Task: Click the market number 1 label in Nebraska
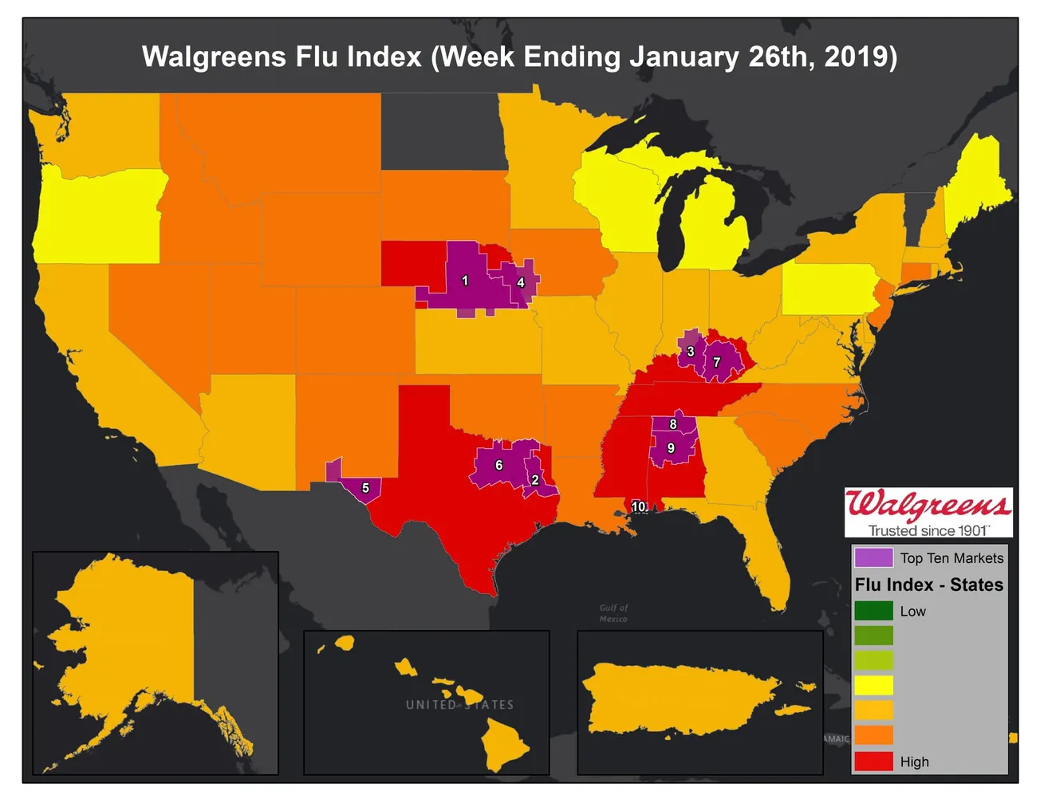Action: (465, 281)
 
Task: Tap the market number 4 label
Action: (521, 282)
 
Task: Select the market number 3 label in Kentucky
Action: (691, 352)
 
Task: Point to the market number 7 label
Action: (716, 362)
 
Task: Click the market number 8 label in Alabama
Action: (673, 424)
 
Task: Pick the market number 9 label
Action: (671, 448)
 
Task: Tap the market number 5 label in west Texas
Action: (365, 487)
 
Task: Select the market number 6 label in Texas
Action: (498, 465)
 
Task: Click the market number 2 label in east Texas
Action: (535, 480)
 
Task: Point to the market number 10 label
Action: (639, 506)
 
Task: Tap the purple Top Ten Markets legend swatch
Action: (873, 557)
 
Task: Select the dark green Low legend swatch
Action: (873, 611)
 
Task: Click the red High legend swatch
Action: (873, 761)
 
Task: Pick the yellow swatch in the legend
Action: (873, 685)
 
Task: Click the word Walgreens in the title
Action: (214, 57)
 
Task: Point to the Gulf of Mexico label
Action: (613, 613)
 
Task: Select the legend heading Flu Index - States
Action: (928, 585)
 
